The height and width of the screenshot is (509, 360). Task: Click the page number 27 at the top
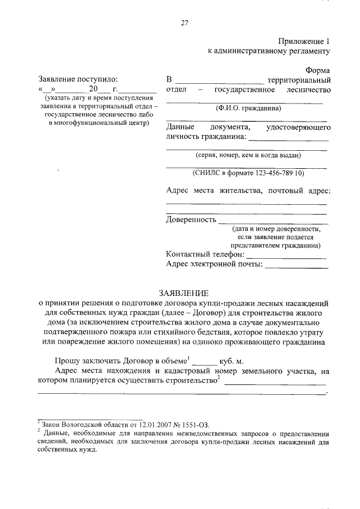pos(183,22)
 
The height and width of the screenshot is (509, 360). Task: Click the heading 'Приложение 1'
pos(303,41)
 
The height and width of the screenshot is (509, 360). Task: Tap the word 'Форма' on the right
pos(318,70)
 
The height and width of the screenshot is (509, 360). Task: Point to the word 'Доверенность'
pos(191,219)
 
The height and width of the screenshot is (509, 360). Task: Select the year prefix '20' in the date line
pos(93,89)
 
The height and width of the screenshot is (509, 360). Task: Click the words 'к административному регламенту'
pos(269,51)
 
